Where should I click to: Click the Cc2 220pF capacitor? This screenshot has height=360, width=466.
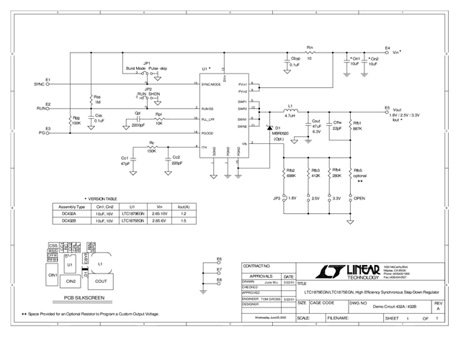tap(168, 158)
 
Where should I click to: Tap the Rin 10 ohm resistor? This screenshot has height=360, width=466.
tap(310, 53)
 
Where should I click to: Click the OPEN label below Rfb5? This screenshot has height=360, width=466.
tap(360, 198)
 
